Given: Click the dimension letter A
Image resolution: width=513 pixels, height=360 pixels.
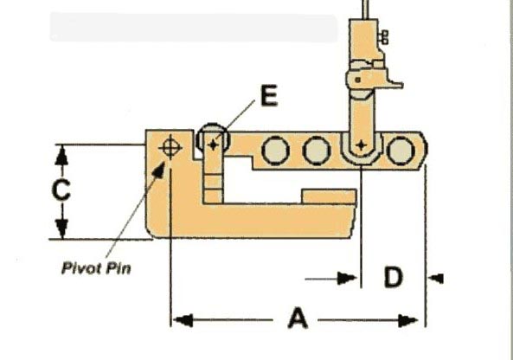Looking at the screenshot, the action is click(298, 318).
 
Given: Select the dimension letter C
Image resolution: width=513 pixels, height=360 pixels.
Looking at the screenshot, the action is click(61, 190).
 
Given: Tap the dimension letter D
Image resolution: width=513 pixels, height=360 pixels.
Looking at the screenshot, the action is click(394, 278).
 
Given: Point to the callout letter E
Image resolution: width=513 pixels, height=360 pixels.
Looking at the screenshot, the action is click(269, 95).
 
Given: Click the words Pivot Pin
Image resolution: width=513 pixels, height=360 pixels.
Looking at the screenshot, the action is click(97, 268).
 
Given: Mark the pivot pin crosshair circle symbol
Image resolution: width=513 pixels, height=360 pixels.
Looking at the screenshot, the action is click(170, 148).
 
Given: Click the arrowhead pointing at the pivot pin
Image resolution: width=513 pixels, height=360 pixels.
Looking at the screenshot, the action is click(159, 170).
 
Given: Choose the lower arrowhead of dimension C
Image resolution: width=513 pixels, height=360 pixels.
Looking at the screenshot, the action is click(61, 228).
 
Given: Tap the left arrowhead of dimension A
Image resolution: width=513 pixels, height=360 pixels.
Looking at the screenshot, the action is click(183, 320).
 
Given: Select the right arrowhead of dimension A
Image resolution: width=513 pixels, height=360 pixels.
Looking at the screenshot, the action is click(408, 320).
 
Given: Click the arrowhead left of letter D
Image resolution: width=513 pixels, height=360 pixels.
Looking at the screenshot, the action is click(347, 278).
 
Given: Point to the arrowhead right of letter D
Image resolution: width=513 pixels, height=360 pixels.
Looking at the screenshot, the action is click(436, 279).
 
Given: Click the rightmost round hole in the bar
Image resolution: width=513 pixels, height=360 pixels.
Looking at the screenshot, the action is click(401, 151).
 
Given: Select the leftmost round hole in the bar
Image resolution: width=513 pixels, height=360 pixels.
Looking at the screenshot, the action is click(275, 151).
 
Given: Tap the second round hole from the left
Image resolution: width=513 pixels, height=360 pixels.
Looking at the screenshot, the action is click(317, 151).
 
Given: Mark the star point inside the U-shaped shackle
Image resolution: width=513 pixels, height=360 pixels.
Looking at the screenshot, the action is click(361, 145).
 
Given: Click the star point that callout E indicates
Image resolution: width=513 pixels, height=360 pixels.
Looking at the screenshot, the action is click(213, 145).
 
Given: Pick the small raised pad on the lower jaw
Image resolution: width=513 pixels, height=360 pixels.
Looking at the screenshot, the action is click(329, 196).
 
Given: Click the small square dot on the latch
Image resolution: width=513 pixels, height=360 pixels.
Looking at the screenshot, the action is click(358, 80).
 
